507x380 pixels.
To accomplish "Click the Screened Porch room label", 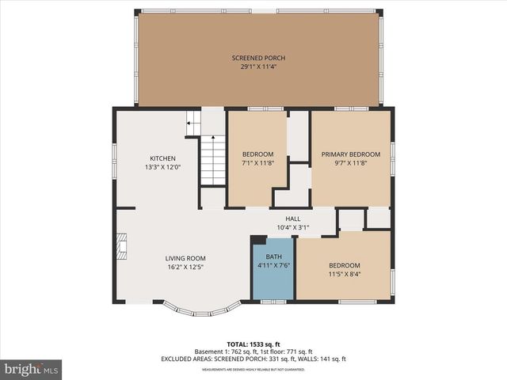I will (258, 58).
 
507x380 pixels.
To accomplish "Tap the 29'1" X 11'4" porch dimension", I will (258, 67).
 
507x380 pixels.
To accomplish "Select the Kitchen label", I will (162, 158).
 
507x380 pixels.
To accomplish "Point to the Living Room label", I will (185, 258).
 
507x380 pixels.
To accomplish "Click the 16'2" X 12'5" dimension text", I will (185, 268).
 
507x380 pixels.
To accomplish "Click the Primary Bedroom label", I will (350, 154).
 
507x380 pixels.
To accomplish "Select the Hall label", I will (293, 218).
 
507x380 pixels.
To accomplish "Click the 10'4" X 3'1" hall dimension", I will (293, 227).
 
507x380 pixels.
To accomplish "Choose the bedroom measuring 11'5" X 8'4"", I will (345, 270).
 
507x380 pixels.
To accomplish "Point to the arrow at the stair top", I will (191, 123).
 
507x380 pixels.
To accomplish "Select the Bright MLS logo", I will (31, 369).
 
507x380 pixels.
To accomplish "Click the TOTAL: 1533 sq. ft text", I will (253, 344).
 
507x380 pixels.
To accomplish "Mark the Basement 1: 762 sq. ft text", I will (223, 351).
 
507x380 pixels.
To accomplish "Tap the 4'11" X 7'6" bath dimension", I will (273, 266).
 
